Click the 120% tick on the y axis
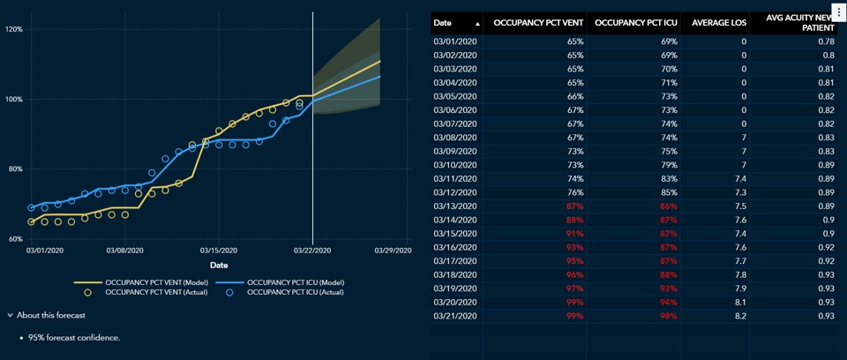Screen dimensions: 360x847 (x=14, y=29)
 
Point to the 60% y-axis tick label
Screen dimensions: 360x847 (x=14, y=239)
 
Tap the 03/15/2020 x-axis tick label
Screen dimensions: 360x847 (x=219, y=251)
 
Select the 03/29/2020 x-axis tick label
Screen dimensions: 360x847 (x=393, y=251)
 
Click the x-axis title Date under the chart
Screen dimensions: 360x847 (x=219, y=265)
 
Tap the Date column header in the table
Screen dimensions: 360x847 (x=443, y=23)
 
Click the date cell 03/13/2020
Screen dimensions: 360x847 (x=455, y=206)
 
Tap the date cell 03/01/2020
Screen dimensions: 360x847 (x=455, y=41)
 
